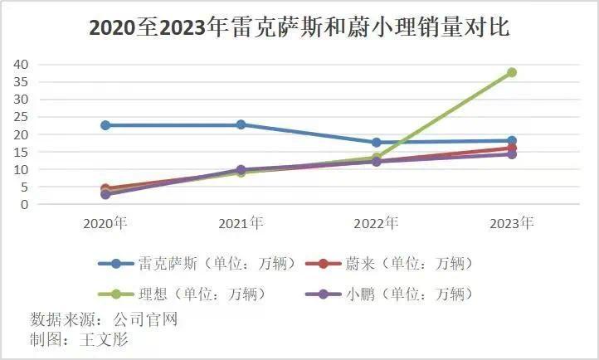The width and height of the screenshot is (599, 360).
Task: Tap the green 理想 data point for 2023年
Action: (512, 72)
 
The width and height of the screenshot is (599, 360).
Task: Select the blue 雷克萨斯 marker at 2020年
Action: (105, 125)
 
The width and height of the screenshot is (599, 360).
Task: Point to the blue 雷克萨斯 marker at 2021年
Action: (241, 124)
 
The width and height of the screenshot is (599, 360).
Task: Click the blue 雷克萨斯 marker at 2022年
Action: (376, 143)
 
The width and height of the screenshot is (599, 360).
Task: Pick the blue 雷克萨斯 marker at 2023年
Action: (512, 141)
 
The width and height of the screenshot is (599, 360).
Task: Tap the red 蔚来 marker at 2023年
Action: (512, 148)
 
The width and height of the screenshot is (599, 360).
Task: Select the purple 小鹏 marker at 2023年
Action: (512, 154)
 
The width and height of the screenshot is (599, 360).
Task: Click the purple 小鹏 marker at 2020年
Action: (105, 194)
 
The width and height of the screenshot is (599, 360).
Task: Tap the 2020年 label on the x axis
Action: (105, 223)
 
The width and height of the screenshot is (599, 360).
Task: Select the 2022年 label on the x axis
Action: (376, 223)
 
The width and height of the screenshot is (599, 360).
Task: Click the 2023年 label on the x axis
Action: (512, 223)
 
